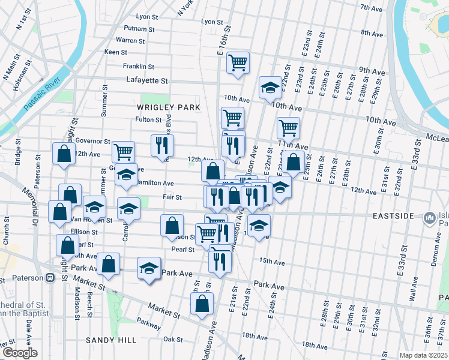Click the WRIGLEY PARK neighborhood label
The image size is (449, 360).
point(168,107)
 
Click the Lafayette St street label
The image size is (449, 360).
point(148,80)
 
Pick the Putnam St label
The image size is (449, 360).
point(139,28)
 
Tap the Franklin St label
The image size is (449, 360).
point(139,66)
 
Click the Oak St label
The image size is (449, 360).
point(173,339)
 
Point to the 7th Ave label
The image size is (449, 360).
point(372,8)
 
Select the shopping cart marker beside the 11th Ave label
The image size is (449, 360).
point(288,127)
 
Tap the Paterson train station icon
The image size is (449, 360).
point(50,278)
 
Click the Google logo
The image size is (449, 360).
point(20,353)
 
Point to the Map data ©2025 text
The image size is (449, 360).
point(424,355)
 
